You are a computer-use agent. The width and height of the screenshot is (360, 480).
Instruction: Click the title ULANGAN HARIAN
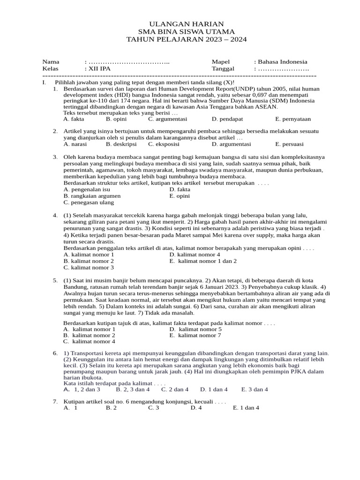tap(180, 24)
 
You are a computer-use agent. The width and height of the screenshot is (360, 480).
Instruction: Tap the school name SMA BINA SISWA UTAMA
tap(180, 32)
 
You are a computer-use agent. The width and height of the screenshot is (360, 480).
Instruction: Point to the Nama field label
tap(51, 62)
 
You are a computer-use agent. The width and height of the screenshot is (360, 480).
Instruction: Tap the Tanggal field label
tap(223, 68)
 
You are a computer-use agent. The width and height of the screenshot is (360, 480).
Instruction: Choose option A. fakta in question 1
tap(74, 119)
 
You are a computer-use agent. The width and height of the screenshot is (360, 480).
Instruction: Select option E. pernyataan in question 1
tap(293, 119)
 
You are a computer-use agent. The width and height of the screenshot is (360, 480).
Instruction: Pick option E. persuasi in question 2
tap(289, 144)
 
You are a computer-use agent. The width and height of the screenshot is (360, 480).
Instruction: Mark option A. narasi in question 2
tap(75, 144)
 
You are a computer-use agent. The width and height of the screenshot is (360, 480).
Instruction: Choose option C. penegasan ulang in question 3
tap(89, 202)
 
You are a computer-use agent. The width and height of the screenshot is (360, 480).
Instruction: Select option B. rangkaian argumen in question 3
tap(92, 196)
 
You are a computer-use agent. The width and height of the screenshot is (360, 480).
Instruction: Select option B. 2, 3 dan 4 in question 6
tap(133, 389)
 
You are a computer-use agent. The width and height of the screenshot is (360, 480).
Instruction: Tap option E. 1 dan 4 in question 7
tap(246, 408)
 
